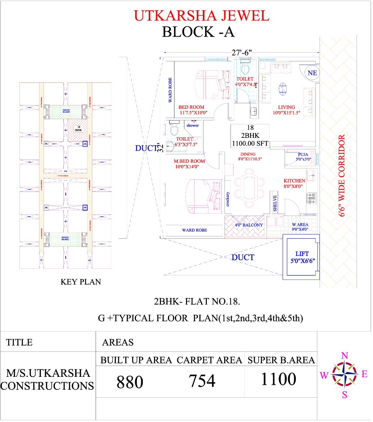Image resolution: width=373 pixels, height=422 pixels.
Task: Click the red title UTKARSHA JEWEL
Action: coord(202,16)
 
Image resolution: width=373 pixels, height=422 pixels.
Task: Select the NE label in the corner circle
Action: coord(312,73)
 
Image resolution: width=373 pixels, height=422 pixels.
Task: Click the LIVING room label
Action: coord(286,107)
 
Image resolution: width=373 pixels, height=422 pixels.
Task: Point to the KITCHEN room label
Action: coord(294,181)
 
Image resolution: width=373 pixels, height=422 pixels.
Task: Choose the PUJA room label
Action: coord(303,154)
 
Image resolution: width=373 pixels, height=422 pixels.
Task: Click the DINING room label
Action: coord(248,154)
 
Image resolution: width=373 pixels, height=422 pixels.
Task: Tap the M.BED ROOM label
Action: coord(189,161)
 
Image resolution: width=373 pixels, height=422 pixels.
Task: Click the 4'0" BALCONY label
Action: coord(249,225)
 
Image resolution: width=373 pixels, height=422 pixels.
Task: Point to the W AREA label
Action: coord(300,225)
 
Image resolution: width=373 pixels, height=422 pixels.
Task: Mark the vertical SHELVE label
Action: coord(275,203)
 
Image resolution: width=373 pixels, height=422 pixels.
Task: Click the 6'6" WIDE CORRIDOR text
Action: coord(342,175)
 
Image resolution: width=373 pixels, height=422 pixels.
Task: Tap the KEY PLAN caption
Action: coord(80,282)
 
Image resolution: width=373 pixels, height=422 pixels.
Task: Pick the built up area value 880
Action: coord(130,382)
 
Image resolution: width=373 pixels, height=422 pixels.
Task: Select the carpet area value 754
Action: coord(202,381)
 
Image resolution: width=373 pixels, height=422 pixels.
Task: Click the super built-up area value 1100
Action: coord(278,379)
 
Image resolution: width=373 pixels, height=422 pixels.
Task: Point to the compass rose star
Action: coord(344,375)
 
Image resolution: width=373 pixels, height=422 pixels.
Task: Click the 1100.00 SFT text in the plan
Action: coord(250,143)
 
